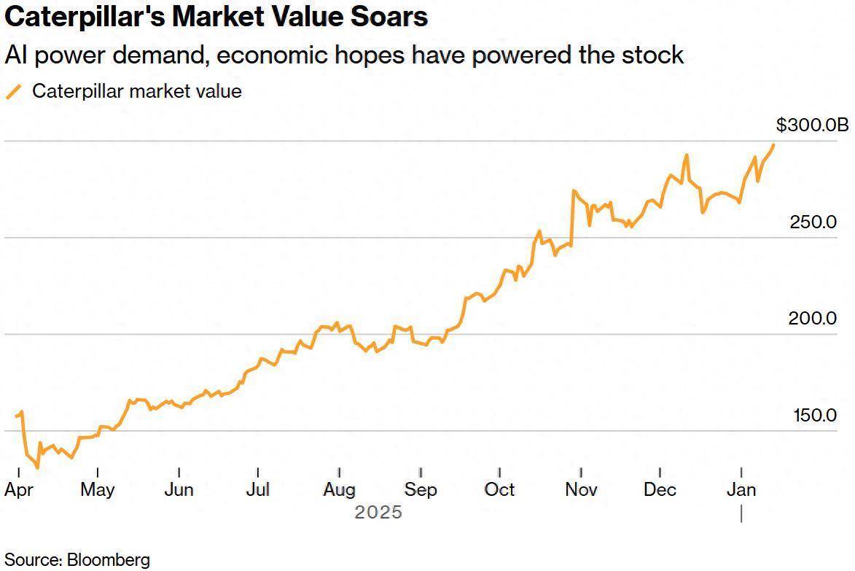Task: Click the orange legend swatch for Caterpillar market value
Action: tap(13, 92)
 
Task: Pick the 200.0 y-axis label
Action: tap(813, 319)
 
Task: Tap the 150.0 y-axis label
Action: tap(815, 416)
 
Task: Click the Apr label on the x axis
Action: tap(18, 489)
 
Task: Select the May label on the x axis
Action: tap(97, 489)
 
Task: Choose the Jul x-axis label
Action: tap(258, 489)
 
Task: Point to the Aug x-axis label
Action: tap(339, 489)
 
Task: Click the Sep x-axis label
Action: tap(421, 489)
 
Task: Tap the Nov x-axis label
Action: tap(581, 489)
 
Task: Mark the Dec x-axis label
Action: tap(660, 489)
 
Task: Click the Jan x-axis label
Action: tap(741, 489)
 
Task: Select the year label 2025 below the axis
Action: tap(378, 513)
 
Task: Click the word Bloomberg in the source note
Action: tap(108, 560)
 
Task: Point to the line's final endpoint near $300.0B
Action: tap(773, 144)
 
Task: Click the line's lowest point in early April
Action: tap(37, 467)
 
